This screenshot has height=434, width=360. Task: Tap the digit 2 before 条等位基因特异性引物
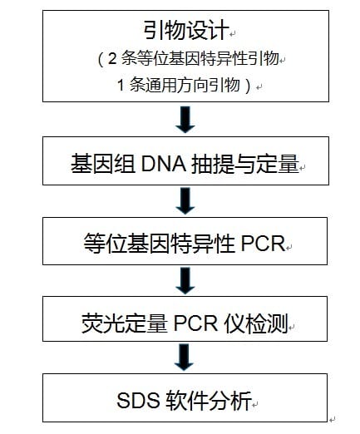coord(112,59)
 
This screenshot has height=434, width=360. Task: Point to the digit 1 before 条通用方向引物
coord(121,85)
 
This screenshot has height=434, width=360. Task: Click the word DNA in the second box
coord(163,164)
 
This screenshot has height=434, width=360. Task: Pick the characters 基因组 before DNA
coord(103,164)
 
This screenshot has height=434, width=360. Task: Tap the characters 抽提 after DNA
coord(213,164)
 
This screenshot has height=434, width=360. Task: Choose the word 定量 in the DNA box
coord(278,164)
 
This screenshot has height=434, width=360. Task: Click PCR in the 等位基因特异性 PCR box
coord(263,244)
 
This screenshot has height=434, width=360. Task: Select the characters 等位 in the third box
coord(106,244)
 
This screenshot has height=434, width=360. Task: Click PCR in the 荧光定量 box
coord(195,323)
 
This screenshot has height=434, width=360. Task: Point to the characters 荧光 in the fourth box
coord(103,323)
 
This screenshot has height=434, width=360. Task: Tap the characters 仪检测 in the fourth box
coord(256,323)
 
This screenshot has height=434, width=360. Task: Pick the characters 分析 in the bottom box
coord(230,400)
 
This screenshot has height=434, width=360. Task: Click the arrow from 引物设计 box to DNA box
coord(185,120)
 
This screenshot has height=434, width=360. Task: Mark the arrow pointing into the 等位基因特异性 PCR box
coord(185,201)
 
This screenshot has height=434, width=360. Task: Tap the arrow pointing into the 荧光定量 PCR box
coord(185,281)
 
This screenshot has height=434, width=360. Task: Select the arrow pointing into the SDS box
coord(184,358)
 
